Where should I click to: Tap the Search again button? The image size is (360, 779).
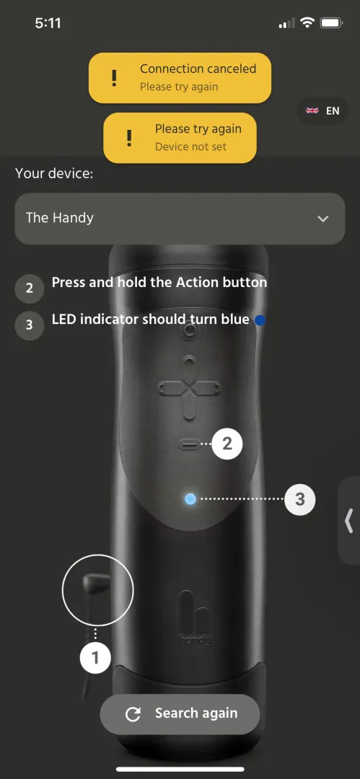180,714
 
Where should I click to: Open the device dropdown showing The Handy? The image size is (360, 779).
180,218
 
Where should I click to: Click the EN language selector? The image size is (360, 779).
323,111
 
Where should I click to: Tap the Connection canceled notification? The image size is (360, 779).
180,77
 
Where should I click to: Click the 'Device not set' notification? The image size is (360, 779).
180,137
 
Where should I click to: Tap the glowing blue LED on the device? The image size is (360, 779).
190,498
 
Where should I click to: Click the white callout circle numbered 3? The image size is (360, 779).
300,498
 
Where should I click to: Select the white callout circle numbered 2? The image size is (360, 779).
227,444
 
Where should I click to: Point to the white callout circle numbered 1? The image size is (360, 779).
95,657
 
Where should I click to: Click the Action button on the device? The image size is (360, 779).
190,445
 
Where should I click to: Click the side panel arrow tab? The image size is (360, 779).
349,519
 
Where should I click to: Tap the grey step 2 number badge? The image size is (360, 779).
29,289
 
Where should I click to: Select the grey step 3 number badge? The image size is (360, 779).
29,325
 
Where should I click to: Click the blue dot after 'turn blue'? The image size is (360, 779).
260,320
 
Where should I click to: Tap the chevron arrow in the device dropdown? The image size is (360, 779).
323,219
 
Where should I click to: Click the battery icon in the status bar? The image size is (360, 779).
330,23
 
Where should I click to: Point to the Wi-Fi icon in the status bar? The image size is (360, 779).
307,23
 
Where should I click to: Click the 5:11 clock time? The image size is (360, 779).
48,23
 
